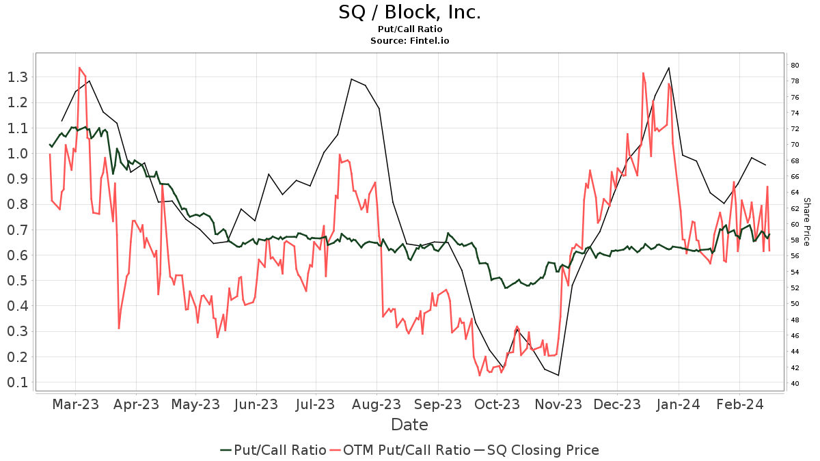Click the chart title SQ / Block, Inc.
click(x=409, y=12)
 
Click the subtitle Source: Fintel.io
click(x=409, y=41)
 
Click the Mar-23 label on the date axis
click(x=75, y=404)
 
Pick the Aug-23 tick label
click(x=377, y=404)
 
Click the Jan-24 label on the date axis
click(x=679, y=404)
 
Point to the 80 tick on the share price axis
click(x=795, y=66)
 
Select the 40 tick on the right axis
click(x=795, y=383)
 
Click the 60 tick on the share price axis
click(x=795, y=225)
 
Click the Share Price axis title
click(x=806, y=222)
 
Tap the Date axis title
click(x=409, y=425)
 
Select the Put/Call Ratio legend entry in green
click(x=273, y=450)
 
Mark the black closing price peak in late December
click(x=668, y=68)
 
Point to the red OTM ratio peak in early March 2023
click(x=79, y=68)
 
